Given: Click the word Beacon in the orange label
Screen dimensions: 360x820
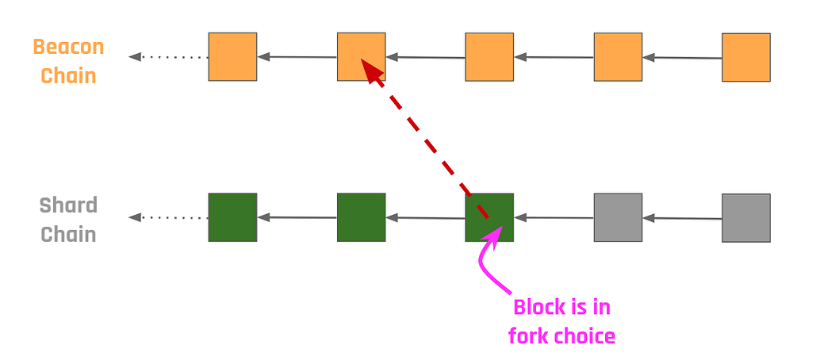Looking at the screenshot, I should click(x=68, y=47).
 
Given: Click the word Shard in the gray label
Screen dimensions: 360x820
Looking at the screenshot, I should click(x=68, y=205).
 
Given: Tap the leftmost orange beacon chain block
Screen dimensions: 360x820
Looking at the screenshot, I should click(x=232, y=56).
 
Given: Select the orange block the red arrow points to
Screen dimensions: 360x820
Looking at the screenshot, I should click(x=361, y=56).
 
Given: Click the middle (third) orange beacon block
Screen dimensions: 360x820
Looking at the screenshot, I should click(x=489, y=57).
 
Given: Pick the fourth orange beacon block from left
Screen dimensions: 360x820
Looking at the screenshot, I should click(x=618, y=57).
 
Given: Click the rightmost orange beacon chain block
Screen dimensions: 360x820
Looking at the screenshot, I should click(x=745, y=57).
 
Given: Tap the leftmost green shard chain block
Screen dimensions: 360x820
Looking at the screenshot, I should click(x=232, y=216).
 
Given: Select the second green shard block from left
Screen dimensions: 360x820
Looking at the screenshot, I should click(x=361, y=216).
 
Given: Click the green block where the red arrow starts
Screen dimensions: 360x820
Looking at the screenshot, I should click(x=489, y=217).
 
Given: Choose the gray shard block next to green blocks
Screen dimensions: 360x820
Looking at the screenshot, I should click(x=618, y=217).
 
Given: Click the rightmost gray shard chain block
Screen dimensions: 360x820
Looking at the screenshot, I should click(x=745, y=217).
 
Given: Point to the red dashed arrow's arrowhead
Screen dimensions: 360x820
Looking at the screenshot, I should click(x=370, y=71).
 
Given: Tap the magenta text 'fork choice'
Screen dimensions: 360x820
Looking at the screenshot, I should click(x=561, y=336).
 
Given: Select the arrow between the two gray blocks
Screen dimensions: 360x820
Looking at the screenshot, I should click(x=681, y=217).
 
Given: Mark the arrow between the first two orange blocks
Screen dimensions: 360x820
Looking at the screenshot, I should click(x=297, y=56).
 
